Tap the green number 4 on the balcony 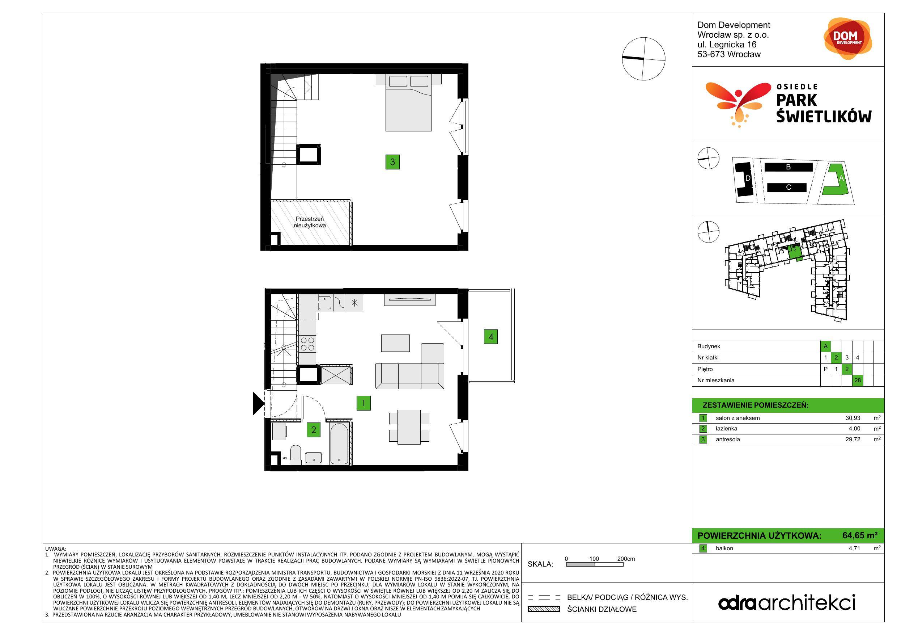491,337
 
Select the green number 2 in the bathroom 313,430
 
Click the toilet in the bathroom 296,455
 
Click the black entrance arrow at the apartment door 259,404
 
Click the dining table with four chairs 409,427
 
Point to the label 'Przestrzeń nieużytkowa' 310,222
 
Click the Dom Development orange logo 848,38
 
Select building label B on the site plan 788,167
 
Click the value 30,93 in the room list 853,418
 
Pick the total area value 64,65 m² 860,535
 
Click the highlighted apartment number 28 858,380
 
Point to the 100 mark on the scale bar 594,559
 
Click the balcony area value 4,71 854,548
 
